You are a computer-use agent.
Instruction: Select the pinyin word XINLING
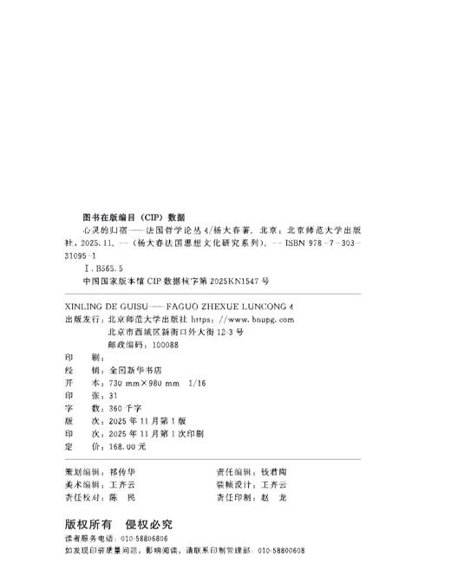tap(86, 307)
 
